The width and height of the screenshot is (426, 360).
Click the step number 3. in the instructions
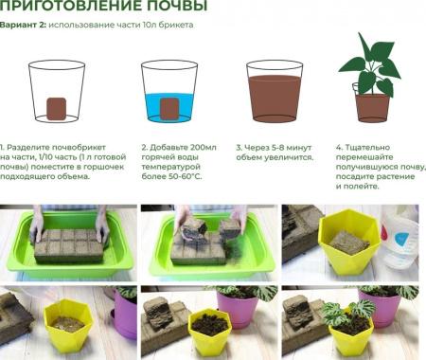tap(249, 149)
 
